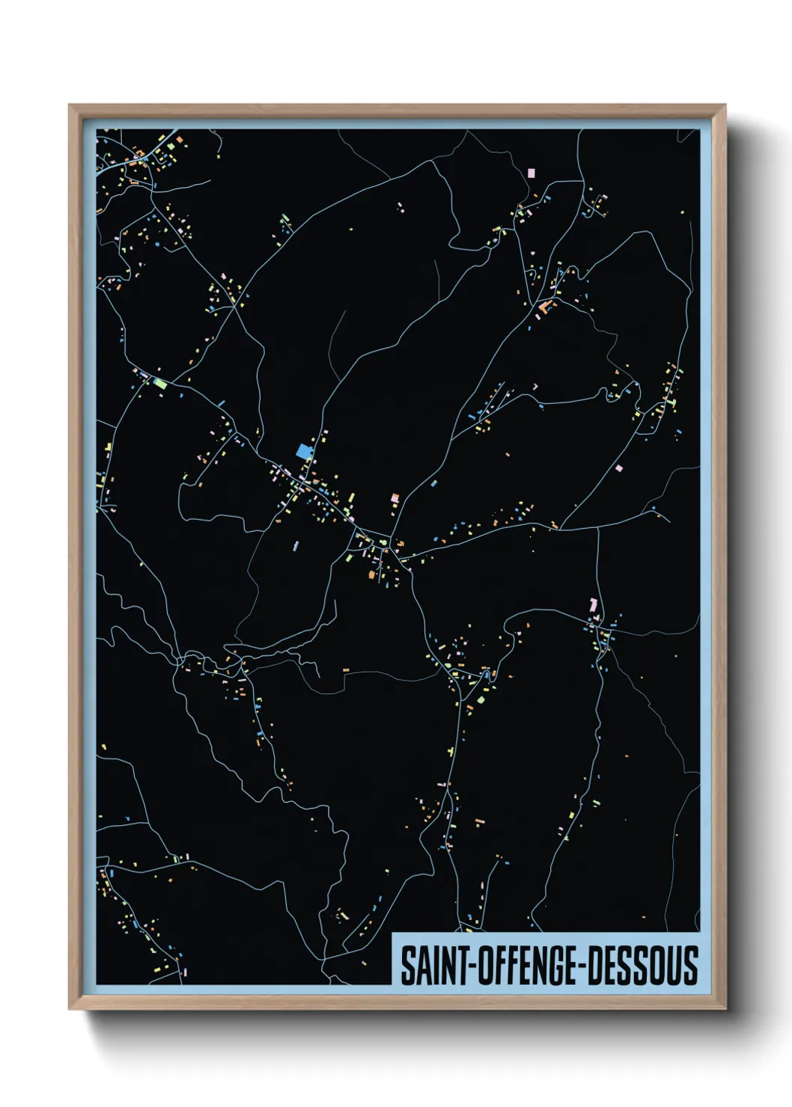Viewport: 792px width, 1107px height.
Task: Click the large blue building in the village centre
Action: (303, 450)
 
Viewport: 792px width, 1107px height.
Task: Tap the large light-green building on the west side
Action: (159, 383)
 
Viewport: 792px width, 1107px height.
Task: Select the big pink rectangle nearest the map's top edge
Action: (531, 172)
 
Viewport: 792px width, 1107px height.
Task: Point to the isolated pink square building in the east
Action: (618, 468)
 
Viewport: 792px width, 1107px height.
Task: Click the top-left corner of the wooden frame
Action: (70, 105)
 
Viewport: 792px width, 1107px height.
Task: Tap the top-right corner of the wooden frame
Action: (725, 105)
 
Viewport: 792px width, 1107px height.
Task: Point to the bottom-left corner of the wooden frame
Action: (70, 1009)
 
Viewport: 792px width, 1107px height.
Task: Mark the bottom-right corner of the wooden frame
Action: (725, 1009)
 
